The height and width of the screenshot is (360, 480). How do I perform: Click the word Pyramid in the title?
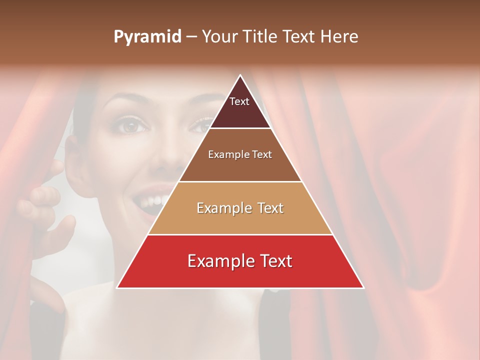coord(147,37)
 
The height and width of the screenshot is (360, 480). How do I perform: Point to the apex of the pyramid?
coord(240,75)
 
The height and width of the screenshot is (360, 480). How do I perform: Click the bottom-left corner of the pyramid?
coord(117,287)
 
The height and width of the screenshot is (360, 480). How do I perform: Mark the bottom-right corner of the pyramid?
coord(363,287)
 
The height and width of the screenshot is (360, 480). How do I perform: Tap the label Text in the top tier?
coord(239,101)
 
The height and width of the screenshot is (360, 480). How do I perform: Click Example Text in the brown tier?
coord(240,154)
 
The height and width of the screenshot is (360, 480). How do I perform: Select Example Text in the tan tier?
coord(240,208)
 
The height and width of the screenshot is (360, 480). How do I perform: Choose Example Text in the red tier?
coord(240,261)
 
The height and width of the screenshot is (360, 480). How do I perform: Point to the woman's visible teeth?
coord(152,201)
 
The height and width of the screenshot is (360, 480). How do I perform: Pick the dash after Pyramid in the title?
coord(191,37)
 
